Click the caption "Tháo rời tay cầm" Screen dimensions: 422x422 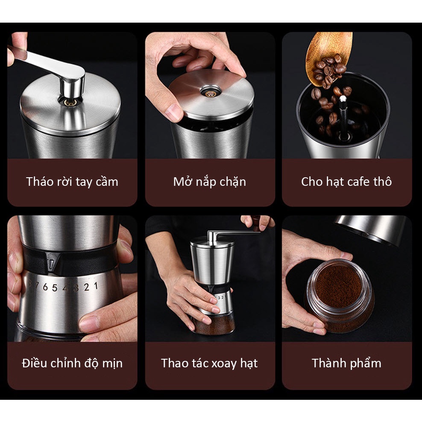[72, 182]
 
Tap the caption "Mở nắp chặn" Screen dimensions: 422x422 [210, 182]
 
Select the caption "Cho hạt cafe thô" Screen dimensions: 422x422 [346, 182]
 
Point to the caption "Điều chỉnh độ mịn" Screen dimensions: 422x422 [72, 363]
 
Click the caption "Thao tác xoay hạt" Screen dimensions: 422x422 [209, 363]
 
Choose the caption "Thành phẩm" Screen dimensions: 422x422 [347, 363]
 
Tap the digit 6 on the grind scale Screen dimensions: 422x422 [45, 287]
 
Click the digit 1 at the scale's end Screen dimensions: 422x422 [96, 286]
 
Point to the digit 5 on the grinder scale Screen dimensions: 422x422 [55, 288]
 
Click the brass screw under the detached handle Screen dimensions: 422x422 [70, 103]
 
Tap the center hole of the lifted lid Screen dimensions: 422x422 [211, 93]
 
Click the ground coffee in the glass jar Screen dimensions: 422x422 [338, 288]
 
